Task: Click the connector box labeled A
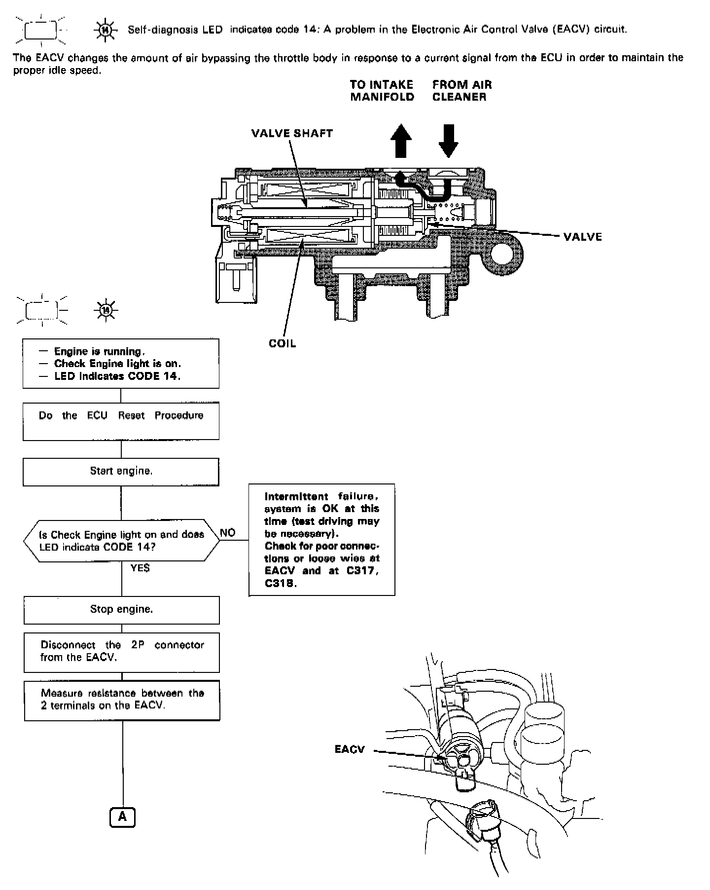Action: [x=122, y=817]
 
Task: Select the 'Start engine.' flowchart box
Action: [x=121, y=472]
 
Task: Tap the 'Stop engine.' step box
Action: [x=121, y=610]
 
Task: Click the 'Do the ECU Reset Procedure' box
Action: [x=121, y=421]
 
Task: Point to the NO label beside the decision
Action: [x=228, y=533]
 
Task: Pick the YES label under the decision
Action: [x=140, y=568]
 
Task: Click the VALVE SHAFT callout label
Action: [x=292, y=133]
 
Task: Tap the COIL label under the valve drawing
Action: [x=283, y=343]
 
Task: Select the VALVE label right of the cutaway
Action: [x=583, y=237]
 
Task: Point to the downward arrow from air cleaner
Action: [x=448, y=140]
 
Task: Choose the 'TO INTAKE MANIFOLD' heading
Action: [x=382, y=91]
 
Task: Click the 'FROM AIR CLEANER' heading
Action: [x=461, y=91]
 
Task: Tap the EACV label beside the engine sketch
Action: [x=350, y=749]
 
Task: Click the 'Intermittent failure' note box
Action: [x=322, y=540]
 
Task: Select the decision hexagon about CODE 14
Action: [x=121, y=541]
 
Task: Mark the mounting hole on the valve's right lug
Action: [x=506, y=253]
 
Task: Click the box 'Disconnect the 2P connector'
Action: [x=122, y=652]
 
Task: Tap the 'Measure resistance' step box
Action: [x=122, y=700]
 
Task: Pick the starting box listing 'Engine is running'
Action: [x=121, y=364]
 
